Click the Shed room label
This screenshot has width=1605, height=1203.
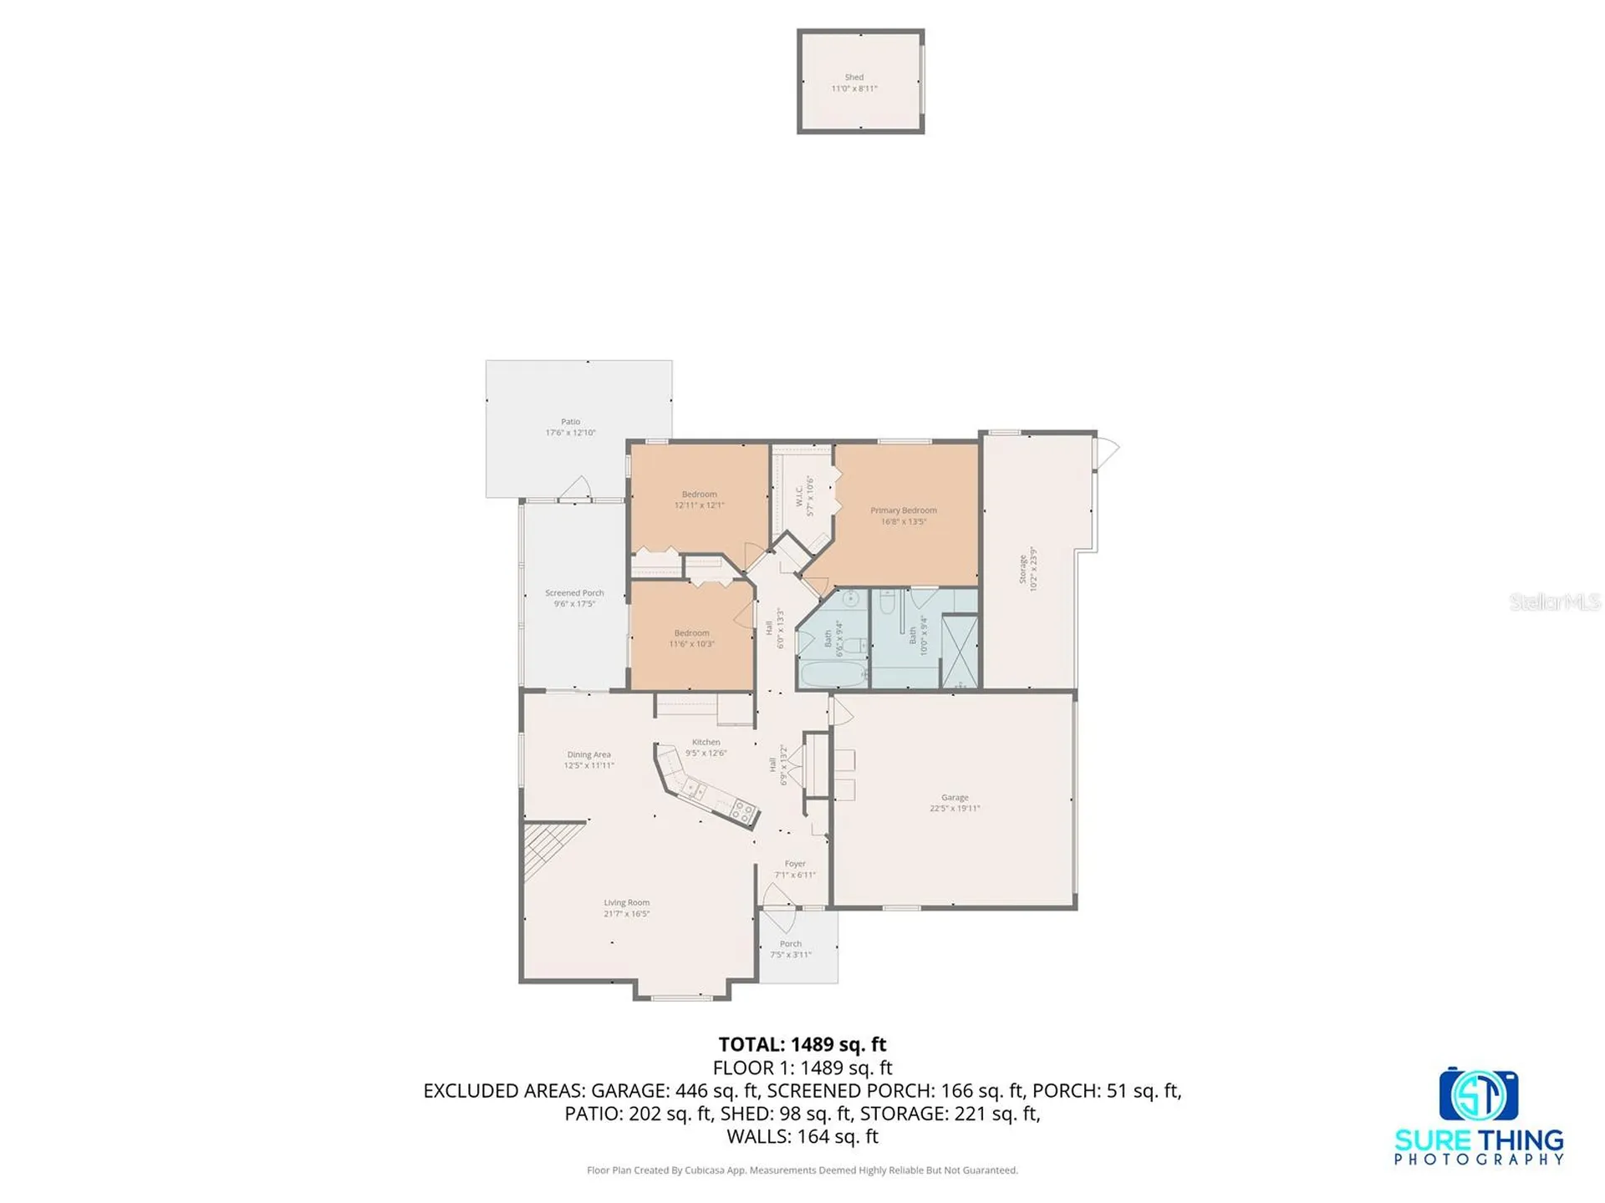tap(853, 77)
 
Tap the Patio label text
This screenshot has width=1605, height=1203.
tap(570, 422)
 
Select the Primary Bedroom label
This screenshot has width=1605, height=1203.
tap(903, 510)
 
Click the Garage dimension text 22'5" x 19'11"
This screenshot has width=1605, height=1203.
tap(955, 809)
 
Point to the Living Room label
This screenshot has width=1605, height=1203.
tap(626, 903)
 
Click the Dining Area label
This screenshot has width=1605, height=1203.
tap(588, 754)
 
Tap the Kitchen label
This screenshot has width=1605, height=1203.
tap(706, 742)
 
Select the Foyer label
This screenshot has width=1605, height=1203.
tap(795, 864)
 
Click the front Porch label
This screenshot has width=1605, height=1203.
tap(790, 944)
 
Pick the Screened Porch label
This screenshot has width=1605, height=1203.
tap(574, 593)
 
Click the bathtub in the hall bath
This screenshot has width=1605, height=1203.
tap(824, 673)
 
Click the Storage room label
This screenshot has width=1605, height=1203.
tap(1022, 569)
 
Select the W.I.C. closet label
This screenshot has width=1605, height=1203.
tap(799, 496)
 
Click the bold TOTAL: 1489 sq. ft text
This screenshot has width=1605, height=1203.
tap(802, 1044)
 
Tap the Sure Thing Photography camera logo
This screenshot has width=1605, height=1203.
tap(1478, 1094)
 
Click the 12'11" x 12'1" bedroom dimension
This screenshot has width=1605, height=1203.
tap(699, 505)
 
